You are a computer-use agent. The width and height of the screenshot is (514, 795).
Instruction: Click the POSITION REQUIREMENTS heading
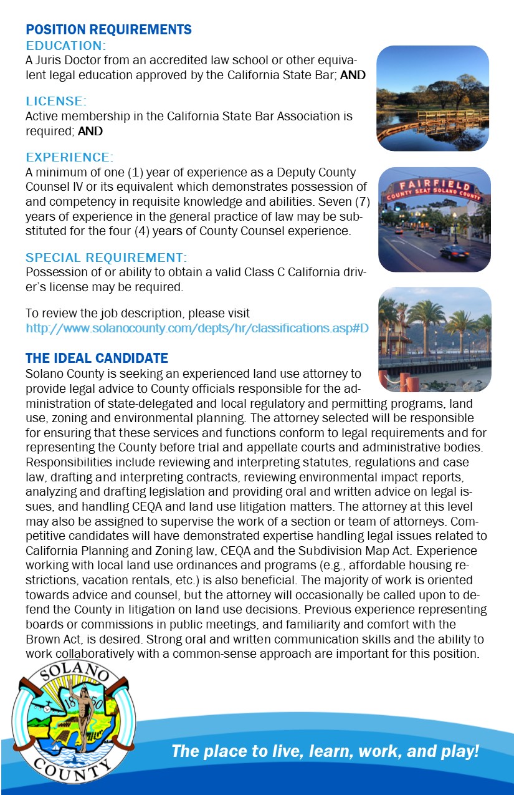coord(108,30)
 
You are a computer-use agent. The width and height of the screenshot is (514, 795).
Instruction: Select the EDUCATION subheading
coord(65,46)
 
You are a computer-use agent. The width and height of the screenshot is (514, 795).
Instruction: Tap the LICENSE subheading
coord(55,101)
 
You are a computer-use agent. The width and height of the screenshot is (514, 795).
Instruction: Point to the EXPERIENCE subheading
coord(69,157)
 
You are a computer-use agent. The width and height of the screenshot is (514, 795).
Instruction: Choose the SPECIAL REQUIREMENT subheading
coord(106,258)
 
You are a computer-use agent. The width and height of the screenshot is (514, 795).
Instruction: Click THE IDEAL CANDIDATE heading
coord(97,358)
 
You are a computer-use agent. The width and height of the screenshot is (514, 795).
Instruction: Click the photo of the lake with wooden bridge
coord(432,98)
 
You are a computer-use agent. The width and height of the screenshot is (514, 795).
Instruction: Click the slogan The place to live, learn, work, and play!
coord(325,751)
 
